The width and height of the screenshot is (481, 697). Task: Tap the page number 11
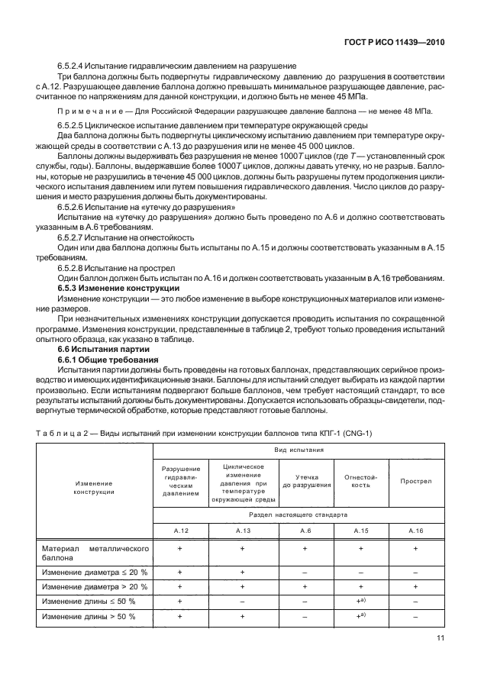click(440, 638)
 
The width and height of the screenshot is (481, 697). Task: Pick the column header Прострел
click(416, 481)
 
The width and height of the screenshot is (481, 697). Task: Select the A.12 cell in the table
click(179, 530)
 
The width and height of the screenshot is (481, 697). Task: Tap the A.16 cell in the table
click(416, 530)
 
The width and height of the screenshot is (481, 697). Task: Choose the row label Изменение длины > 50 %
click(89, 616)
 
